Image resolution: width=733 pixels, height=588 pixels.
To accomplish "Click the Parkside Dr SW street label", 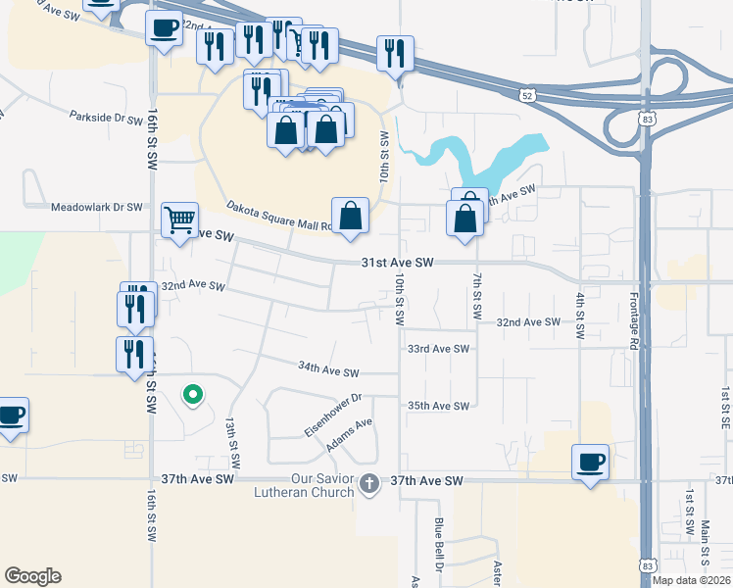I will [x=106, y=118].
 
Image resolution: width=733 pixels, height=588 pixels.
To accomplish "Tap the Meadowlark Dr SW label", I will [x=96, y=208].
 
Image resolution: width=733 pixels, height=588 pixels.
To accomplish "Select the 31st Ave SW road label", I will [x=397, y=264].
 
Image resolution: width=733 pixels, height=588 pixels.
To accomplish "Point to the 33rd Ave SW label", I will [x=439, y=349].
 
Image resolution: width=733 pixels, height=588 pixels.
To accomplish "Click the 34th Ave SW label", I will [x=328, y=372].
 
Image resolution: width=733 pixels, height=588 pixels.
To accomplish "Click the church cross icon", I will [x=369, y=482].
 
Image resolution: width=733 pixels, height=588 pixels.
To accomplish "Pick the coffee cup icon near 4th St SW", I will [x=590, y=461].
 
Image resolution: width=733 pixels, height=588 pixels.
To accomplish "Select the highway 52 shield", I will [x=528, y=95].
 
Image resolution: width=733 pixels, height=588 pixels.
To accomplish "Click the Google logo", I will [x=32, y=576].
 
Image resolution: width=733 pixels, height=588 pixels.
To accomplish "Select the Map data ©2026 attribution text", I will [x=691, y=580].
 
